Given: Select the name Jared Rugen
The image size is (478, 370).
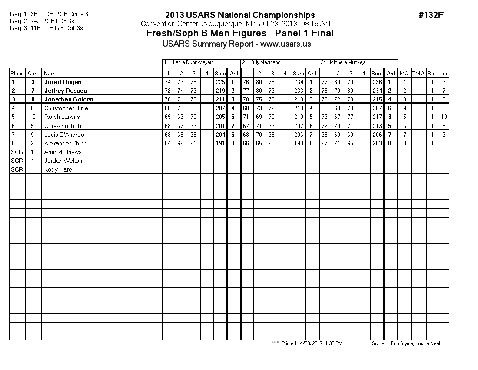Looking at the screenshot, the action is [x=63, y=82].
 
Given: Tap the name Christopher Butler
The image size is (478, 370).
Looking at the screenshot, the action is [x=67, y=108].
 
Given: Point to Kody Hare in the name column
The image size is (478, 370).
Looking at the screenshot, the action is [x=58, y=169].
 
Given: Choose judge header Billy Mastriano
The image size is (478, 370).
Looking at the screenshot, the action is [x=265, y=63].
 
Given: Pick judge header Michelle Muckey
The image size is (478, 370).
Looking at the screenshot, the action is [x=342, y=63].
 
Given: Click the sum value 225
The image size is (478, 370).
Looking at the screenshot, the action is [x=220, y=82].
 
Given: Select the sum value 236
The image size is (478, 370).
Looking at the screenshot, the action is [x=377, y=82].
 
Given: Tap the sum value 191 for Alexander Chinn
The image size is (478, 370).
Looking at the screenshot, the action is [x=220, y=143].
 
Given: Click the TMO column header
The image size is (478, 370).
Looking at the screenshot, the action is [x=418, y=74].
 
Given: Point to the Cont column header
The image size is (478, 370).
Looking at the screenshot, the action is [x=33, y=74].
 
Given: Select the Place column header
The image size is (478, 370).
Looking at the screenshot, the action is [x=17, y=74].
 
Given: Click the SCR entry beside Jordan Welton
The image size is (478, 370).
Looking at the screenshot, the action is [x=17, y=161].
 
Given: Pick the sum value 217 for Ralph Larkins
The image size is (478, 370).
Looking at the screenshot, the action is [x=377, y=117].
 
